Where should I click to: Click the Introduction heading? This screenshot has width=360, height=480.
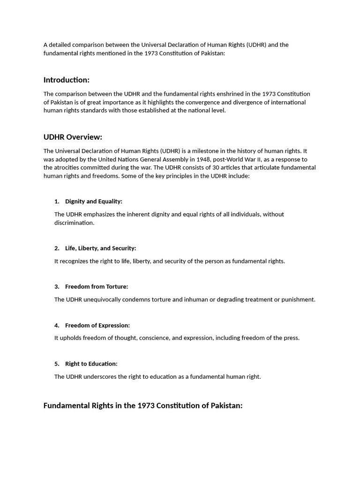click(x=67, y=80)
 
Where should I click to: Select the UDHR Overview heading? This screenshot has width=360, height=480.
click(x=73, y=137)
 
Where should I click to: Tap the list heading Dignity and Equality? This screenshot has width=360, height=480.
click(x=94, y=201)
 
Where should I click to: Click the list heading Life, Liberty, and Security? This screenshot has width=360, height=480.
click(x=101, y=248)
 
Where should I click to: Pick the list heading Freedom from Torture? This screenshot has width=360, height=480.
click(x=97, y=286)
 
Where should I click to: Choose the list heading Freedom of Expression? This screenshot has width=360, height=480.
click(x=97, y=325)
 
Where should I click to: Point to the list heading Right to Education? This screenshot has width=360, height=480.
click(x=91, y=364)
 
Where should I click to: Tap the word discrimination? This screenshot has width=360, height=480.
click(x=74, y=223)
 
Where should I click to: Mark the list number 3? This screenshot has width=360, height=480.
click(x=57, y=286)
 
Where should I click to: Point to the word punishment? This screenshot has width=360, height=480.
click(x=298, y=300)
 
